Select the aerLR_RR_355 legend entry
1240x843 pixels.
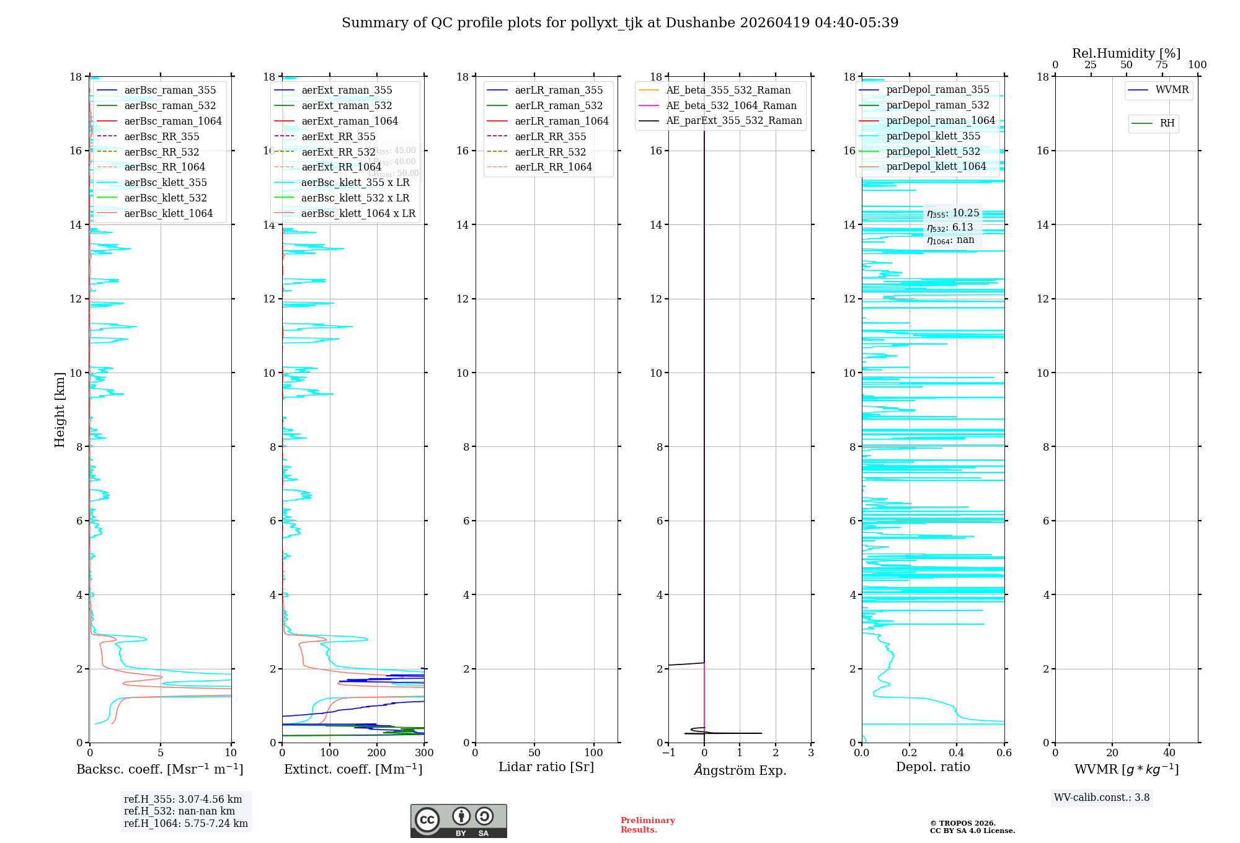pos(550,136)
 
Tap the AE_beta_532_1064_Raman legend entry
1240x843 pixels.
pos(731,106)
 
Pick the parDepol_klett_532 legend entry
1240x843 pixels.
pos(933,151)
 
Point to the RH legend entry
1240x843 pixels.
pos(1167,123)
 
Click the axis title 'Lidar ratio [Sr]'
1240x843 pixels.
pos(546,767)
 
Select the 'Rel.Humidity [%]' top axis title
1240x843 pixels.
pos(1126,53)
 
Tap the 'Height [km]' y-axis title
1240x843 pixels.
pos(60,409)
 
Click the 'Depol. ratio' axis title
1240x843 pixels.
pos(932,767)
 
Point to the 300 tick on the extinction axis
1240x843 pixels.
pos(424,753)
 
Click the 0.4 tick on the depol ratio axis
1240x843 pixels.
pos(957,753)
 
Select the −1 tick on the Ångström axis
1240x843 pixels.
pos(668,753)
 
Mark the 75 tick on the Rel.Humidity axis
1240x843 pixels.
pos(1161,65)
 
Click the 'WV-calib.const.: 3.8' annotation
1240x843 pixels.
pos(1102,798)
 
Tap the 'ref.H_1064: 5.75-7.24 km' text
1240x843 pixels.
pos(185,824)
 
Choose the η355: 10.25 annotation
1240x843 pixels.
pos(953,214)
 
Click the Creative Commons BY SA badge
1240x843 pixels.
pos(458,821)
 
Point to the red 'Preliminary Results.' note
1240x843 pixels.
pos(647,825)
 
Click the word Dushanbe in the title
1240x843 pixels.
pos(699,23)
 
